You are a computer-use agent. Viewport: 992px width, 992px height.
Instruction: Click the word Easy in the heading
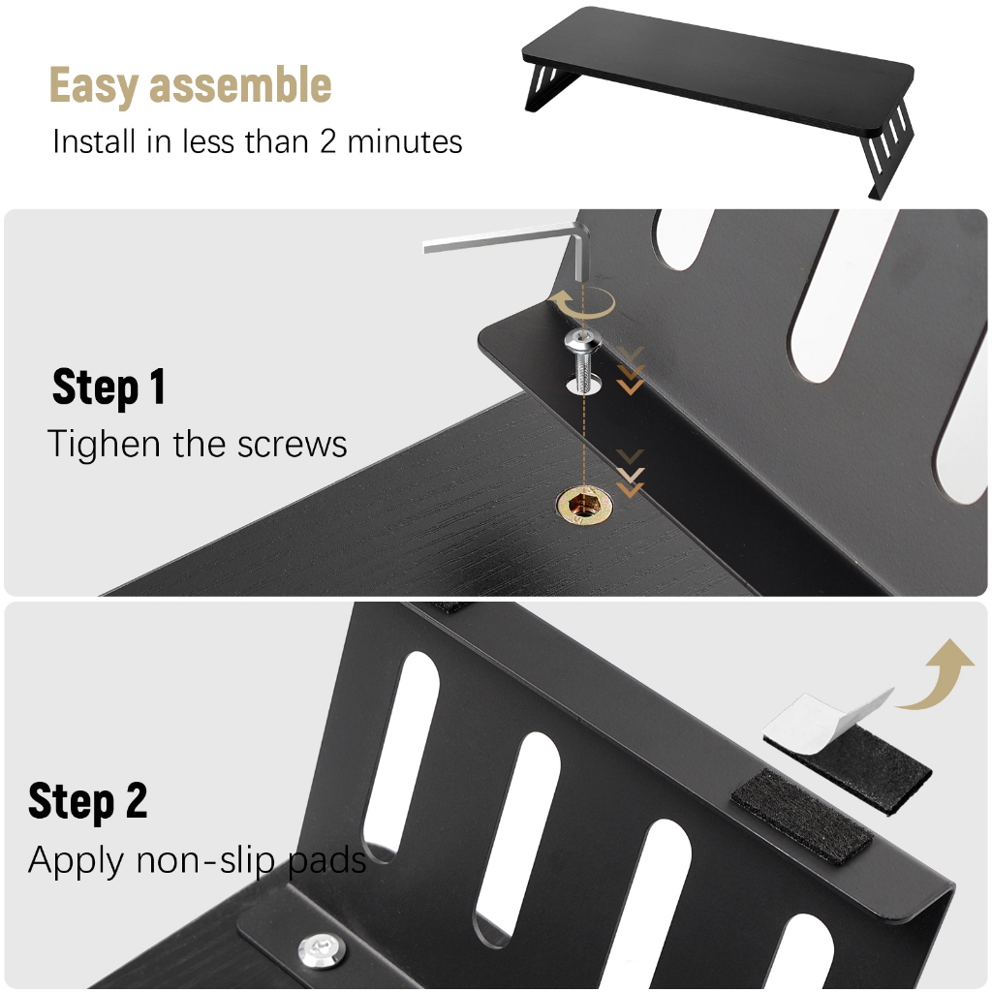(x=94, y=85)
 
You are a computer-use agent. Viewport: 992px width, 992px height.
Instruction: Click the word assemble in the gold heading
(x=240, y=84)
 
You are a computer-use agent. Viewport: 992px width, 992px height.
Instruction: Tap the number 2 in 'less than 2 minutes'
(x=327, y=141)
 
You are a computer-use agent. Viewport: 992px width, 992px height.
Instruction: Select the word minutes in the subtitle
(x=405, y=141)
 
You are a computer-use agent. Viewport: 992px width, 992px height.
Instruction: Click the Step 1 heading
(x=108, y=386)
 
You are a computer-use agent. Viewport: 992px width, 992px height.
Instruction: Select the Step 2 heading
(x=88, y=800)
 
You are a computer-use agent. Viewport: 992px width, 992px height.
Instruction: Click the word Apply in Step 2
(x=76, y=861)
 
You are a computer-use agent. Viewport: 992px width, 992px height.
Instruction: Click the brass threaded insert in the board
(x=584, y=504)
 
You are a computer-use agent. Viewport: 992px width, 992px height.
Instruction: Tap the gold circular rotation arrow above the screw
(x=581, y=302)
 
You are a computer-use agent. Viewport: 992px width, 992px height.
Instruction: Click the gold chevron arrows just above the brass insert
(x=630, y=473)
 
